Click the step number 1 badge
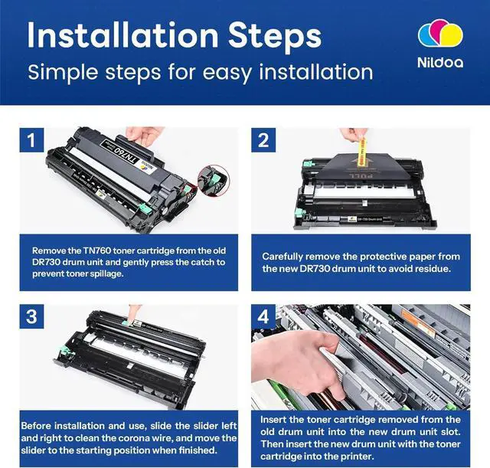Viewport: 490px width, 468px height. pos(31,140)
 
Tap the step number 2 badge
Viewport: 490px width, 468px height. pos(263,140)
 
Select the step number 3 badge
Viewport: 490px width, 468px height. pos(31,316)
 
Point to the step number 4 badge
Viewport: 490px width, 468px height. pos(263,316)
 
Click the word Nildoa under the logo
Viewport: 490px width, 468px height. pos(440,63)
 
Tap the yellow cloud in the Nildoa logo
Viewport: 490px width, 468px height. pos(452,35)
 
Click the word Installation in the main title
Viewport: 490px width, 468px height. pos(122,35)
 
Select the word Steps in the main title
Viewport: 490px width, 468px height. pos(275,37)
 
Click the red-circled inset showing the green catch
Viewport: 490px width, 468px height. pos(214,181)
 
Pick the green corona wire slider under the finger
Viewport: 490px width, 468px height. pos(127,322)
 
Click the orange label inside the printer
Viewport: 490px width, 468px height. pos(416,322)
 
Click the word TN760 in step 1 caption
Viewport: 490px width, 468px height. pos(96,250)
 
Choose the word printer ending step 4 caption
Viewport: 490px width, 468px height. pos(358,457)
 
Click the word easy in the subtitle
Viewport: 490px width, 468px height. pos(227,74)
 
